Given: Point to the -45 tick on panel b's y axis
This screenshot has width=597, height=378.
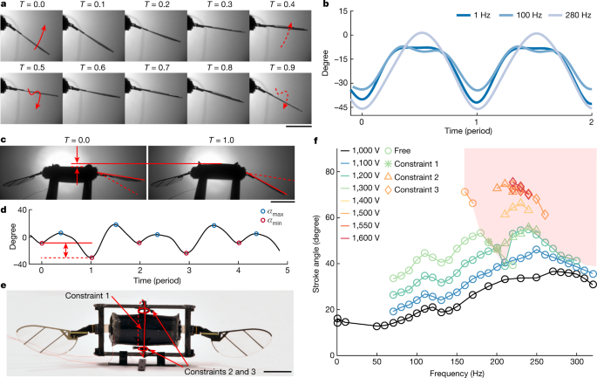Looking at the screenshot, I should coord(350,107).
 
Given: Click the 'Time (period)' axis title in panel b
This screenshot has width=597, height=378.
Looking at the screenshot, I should coord(475,128).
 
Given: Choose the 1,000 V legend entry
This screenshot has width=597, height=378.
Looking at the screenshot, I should coord(370,175).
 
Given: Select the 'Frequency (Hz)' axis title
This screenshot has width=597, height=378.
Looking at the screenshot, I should coord(465,371).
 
